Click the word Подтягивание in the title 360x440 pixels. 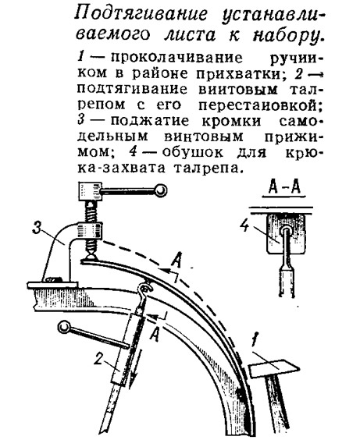141,14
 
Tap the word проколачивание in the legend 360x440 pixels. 177,58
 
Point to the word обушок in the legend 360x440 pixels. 193,152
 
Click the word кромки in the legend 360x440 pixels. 231,121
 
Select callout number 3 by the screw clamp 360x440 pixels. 37,228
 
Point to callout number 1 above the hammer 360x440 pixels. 255,340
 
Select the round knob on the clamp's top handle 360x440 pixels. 160,190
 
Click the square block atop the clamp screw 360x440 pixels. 90,191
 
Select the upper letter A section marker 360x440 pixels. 176,261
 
